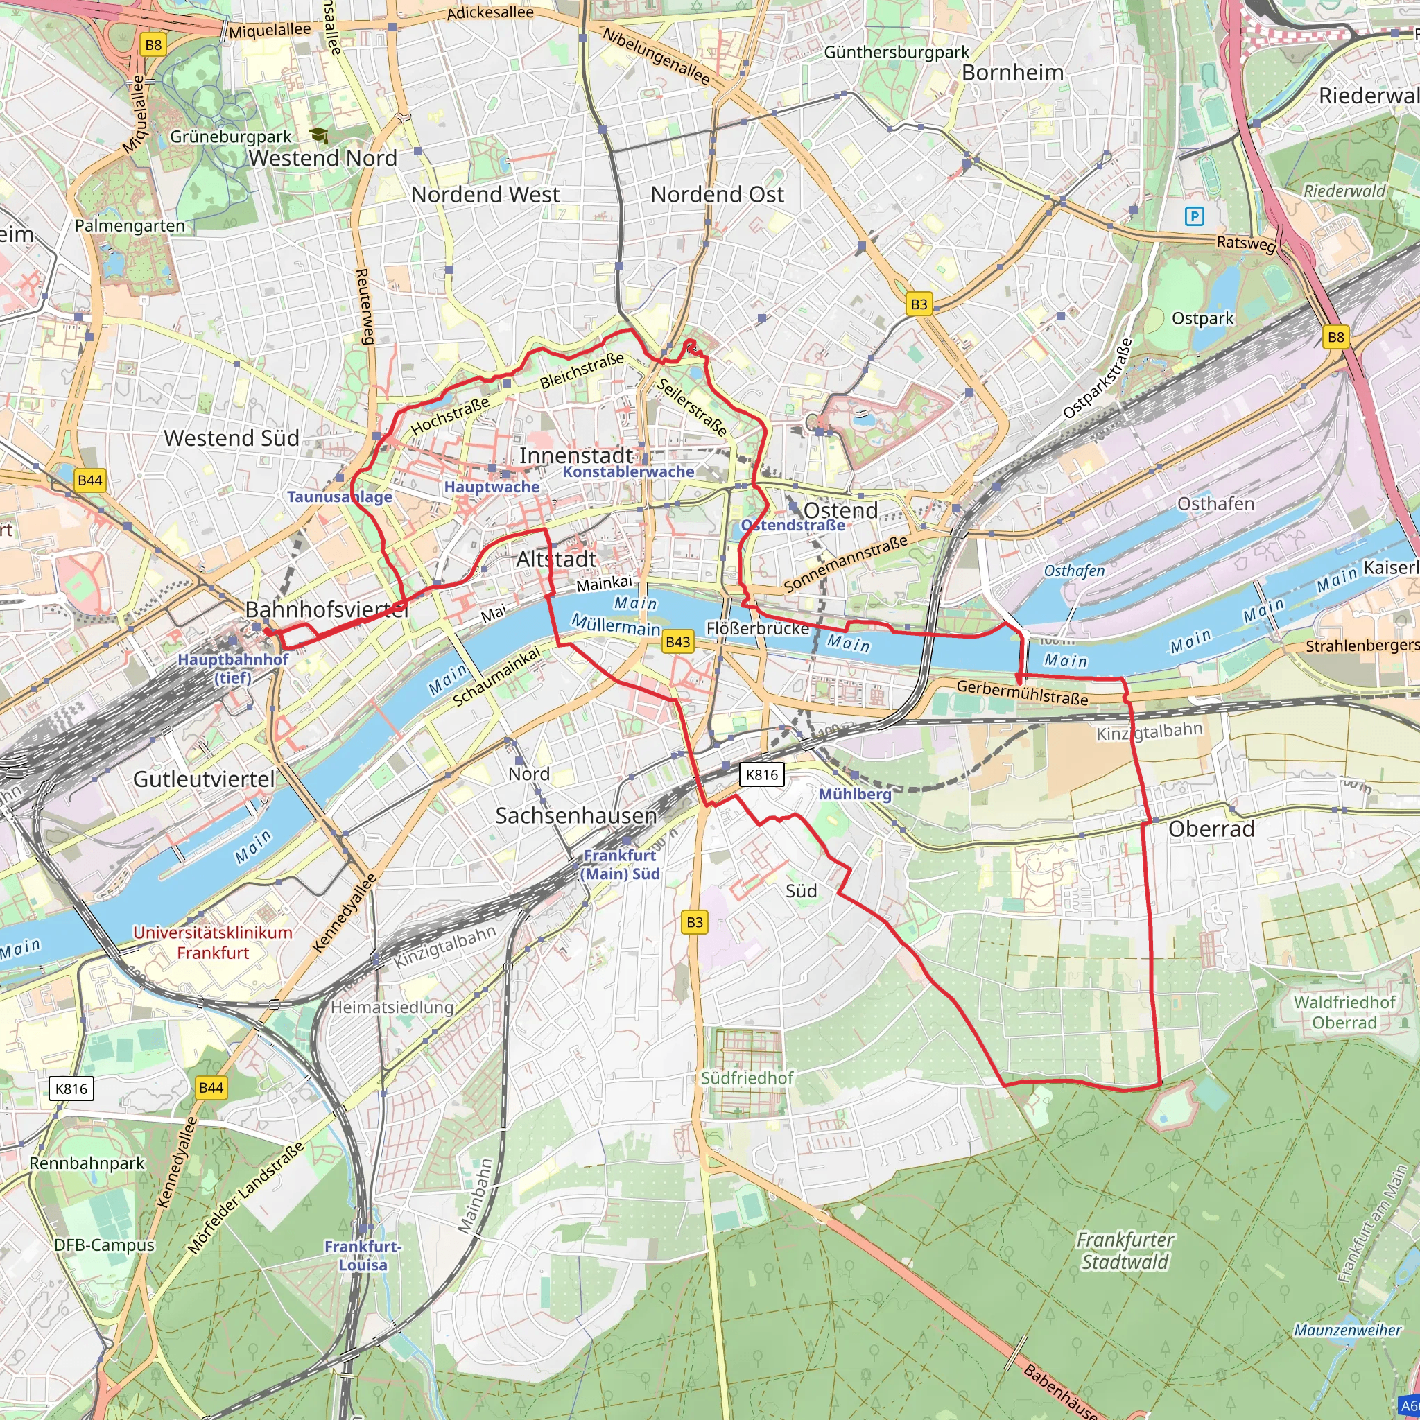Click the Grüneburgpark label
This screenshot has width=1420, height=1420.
230,137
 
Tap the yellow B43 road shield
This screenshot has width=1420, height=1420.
677,641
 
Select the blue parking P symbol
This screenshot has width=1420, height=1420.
1195,216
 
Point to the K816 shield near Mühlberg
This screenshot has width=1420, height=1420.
761,774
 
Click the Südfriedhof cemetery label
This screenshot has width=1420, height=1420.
747,1077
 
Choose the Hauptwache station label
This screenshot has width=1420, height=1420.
492,487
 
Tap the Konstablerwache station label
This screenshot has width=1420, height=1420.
628,472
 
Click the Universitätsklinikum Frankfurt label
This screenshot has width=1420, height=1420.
212,942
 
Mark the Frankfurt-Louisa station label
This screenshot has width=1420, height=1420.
363,1256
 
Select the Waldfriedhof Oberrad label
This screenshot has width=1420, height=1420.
1344,1012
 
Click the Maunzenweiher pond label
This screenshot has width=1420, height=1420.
1347,1330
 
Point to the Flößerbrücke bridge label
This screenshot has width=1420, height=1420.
757,628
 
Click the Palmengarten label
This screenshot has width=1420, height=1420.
130,225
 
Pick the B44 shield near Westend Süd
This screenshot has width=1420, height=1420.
89,480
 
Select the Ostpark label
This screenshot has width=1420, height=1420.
1202,318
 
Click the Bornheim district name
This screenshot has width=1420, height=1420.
1012,73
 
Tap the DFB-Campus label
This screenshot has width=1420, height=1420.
105,1245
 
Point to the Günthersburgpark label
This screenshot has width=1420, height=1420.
896,52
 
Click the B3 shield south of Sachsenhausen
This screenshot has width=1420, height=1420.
695,921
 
